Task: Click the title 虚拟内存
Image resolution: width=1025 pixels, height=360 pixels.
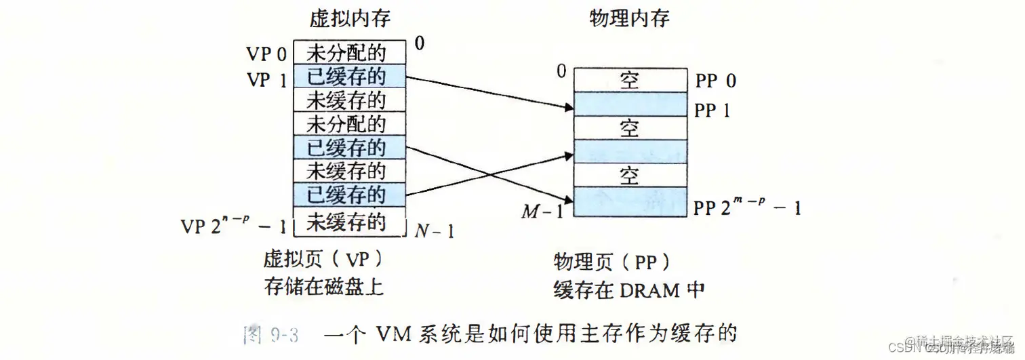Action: [x=350, y=18]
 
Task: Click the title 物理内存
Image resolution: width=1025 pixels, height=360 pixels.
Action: [x=629, y=18]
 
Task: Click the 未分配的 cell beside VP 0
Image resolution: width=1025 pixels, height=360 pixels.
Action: [x=349, y=53]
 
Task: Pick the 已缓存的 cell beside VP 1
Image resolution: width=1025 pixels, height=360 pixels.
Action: [x=349, y=77]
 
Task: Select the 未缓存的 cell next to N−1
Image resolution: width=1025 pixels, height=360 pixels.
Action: [x=349, y=222]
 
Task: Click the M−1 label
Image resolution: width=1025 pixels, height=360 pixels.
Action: [x=542, y=212]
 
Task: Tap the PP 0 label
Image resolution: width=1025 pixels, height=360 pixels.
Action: [x=715, y=81]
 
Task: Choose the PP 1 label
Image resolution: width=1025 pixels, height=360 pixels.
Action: [x=712, y=111]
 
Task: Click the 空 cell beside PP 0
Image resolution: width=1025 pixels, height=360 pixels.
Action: [x=629, y=80]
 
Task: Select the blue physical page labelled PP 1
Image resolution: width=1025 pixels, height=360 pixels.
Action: [x=629, y=104]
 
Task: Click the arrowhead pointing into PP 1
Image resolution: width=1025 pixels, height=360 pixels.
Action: [x=568, y=106]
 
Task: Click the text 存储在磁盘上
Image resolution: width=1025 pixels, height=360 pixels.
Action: [x=324, y=287]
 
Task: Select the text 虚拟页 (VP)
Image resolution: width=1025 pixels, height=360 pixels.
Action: [x=324, y=260]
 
